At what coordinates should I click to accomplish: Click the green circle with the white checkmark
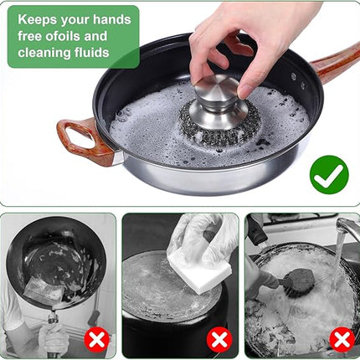[x=329, y=175]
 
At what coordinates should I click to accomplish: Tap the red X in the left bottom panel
[x=96, y=340]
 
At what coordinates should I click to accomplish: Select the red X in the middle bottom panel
[x=219, y=340]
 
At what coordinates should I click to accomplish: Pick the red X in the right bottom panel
[x=342, y=340]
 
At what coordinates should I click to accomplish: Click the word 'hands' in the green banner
[x=112, y=19]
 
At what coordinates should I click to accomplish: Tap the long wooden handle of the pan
[x=336, y=63]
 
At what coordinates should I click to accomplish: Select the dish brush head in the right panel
[x=300, y=282]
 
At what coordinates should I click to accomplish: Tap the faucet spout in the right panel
[x=347, y=227]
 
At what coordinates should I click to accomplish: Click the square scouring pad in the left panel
[x=43, y=291]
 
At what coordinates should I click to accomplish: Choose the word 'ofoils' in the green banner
[x=63, y=36]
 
